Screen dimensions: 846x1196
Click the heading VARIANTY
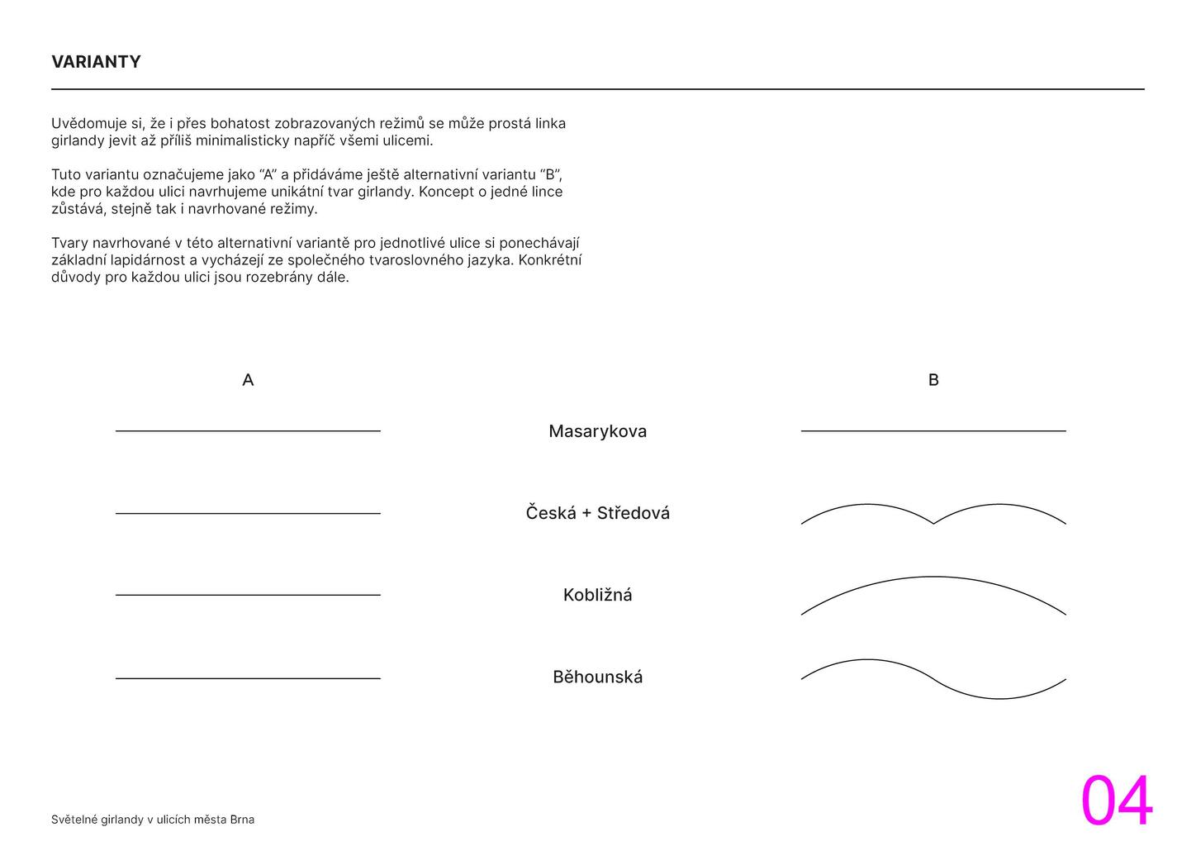coord(96,62)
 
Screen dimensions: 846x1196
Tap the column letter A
coord(248,380)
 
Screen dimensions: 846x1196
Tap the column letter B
coord(933,380)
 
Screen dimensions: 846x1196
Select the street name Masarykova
coord(597,431)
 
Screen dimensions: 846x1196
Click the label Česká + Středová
coord(597,513)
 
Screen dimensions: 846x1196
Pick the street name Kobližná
coord(597,595)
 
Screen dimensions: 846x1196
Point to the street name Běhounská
coord(597,677)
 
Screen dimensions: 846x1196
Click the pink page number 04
coord(1116,801)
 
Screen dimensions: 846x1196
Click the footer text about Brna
coord(153,820)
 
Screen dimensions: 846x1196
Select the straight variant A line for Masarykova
coord(248,431)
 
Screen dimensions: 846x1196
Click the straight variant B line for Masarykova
coord(933,431)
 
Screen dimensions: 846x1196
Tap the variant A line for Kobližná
coord(248,595)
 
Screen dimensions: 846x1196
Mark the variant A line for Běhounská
coord(248,678)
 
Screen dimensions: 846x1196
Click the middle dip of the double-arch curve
coord(933,523)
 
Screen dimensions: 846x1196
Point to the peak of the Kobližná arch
coord(933,577)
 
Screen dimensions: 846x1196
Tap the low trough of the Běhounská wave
coord(999,699)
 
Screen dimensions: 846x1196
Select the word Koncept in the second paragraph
coord(446,192)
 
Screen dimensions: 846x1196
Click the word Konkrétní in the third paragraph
coord(550,260)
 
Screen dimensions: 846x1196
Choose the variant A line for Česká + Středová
coord(248,514)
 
